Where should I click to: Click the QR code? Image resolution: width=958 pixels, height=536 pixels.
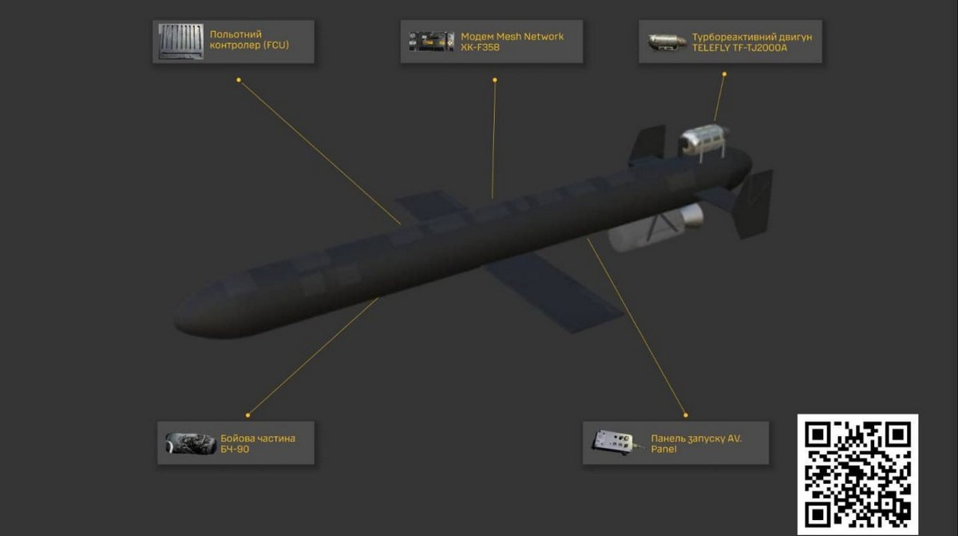pos(857,474)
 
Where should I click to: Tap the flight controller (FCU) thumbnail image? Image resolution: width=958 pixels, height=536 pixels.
pos(181,42)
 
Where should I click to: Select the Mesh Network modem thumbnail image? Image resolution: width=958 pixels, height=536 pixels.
pos(431,42)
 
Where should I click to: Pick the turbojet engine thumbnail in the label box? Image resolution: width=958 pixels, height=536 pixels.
pos(667,42)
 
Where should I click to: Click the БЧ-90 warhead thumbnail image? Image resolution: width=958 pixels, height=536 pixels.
pos(191,443)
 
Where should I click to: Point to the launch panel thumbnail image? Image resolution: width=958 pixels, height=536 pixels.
pos(616,443)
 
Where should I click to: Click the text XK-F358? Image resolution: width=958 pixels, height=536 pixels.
pos(480,47)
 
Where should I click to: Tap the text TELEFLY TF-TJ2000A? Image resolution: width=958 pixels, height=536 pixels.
pos(739,47)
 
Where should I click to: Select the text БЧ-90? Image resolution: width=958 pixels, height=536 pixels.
pos(235,449)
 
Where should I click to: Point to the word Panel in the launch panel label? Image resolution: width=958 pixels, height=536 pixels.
pos(663,449)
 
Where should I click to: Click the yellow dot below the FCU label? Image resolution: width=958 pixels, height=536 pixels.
pos(239,80)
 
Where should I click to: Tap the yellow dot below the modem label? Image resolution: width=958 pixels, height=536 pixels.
pos(495,80)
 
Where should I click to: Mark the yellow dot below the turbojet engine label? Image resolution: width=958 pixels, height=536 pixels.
pos(724,74)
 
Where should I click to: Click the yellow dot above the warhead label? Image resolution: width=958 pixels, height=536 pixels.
pos(247,415)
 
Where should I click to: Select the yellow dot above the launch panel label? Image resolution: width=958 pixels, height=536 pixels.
pos(686,415)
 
